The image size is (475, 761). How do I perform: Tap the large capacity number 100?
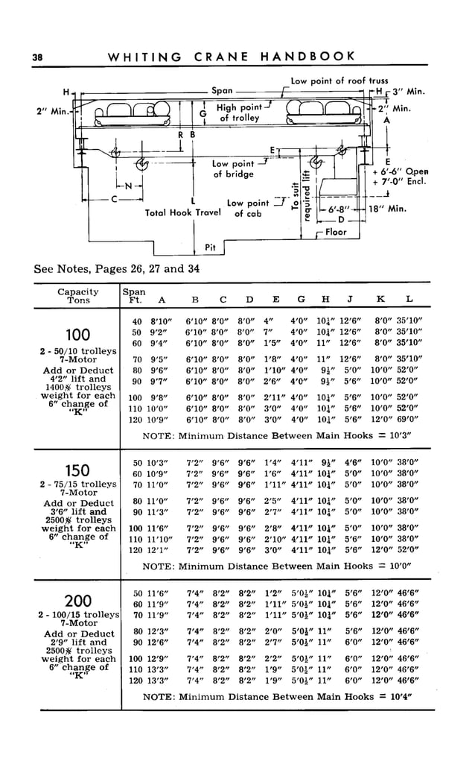click(78, 334)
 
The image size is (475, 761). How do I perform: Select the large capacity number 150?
click(78, 470)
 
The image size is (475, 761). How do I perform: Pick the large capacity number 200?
click(78, 601)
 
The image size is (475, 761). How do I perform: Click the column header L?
click(409, 300)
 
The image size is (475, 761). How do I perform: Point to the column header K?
click(380, 300)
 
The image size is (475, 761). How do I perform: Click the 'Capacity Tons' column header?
click(78, 296)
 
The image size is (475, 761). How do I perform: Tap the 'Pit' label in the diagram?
click(211, 247)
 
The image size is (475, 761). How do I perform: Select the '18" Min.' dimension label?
click(387, 209)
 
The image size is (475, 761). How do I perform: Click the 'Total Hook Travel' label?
click(179, 212)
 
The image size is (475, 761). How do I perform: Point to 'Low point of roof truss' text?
click(339, 80)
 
